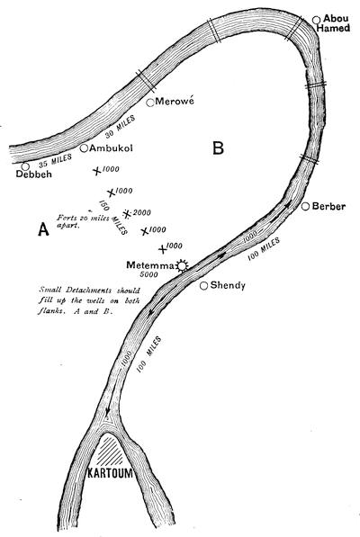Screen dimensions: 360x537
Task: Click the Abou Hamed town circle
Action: tap(316, 20)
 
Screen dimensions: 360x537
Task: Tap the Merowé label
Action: tap(175, 101)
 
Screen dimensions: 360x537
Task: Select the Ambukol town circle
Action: tap(84, 148)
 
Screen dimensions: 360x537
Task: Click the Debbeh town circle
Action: tap(25, 166)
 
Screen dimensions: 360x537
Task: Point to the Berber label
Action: tap(328, 206)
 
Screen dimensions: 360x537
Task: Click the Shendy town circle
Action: tap(203, 286)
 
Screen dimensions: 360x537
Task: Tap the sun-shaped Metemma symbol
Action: tap(182, 265)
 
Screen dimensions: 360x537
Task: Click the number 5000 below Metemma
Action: tap(149, 274)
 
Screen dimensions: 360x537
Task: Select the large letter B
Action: tap(218, 148)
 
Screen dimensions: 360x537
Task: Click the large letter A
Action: tap(43, 229)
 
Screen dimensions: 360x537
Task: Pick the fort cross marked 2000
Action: tap(127, 214)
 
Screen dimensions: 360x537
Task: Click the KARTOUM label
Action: tap(110, 473)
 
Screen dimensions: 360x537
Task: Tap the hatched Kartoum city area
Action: tap(109, 450)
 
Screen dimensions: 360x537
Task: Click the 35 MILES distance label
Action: tap(55, 161)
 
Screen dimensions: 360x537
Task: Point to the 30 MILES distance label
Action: tap(121, 127)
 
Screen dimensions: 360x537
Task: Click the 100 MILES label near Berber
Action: tap(264, 249)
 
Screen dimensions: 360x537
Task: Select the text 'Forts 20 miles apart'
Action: tap(83, 221)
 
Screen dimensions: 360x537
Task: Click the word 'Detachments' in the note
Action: tap(88, 291)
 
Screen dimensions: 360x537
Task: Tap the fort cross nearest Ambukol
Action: tap(97, 171)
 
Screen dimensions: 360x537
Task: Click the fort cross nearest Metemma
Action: tap(163, 249)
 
